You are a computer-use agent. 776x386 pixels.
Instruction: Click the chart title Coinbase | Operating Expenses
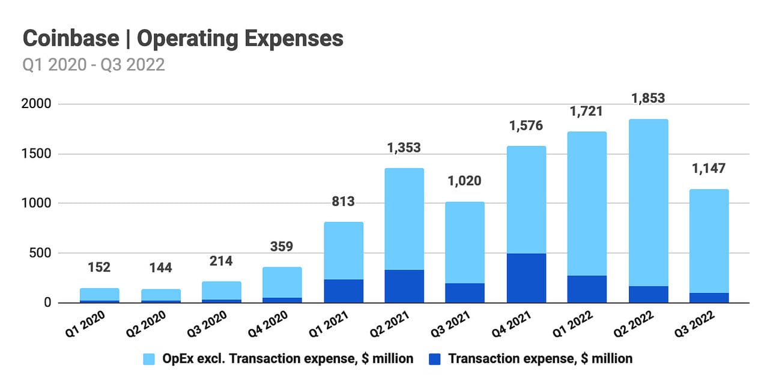coord(183,39)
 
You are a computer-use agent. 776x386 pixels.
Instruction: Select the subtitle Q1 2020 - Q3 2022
coord(94,64)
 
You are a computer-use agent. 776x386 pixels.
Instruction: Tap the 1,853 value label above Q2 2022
coord(648,98)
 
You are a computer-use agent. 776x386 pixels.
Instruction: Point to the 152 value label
coord(99,267)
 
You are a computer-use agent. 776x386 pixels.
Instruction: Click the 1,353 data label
coord(404,148)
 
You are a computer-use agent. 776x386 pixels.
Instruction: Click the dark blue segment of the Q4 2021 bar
coord(526,278)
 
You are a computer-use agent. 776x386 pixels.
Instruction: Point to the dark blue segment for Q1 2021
coord(343,291)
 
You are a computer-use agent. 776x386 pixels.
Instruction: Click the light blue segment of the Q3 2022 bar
coord(709,241)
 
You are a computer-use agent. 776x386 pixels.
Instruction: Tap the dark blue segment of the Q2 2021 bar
coord(404,286)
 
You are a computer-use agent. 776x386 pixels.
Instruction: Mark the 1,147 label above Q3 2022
coord(709,169)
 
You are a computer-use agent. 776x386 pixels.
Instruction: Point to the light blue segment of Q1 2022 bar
coord(587,204)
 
